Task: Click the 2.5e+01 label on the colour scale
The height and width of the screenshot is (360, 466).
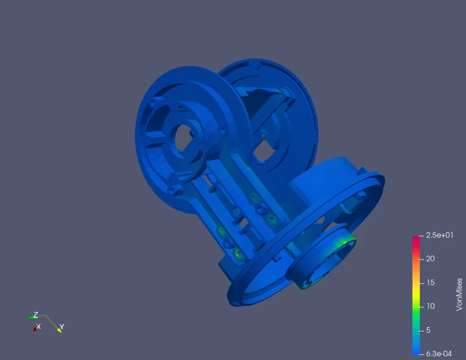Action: coord(440,235)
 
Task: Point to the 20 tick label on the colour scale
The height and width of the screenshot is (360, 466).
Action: coord(430,259)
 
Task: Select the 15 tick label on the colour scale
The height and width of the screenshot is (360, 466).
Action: coord(430,282)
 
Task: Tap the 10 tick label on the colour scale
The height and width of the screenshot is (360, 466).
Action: coord(430,306)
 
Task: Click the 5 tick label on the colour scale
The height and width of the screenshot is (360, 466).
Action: coord(428,330)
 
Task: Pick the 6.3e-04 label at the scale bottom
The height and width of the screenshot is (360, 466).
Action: coord(439,354)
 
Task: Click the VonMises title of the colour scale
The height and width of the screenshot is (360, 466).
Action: coord(459,294)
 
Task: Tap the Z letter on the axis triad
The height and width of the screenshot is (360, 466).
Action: coord(36,315)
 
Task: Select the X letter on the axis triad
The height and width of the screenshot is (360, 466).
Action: coord(38,326)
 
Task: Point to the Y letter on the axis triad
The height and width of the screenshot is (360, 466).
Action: coord(61,327)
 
